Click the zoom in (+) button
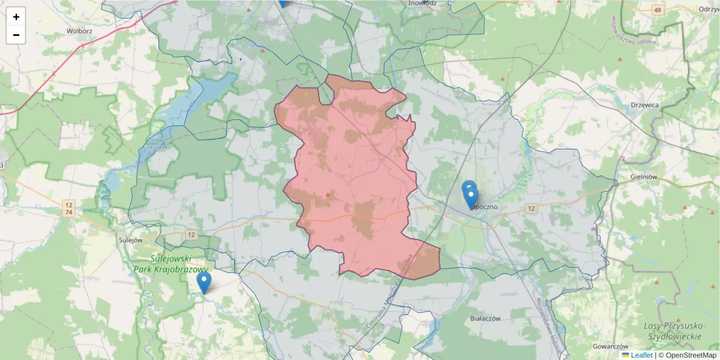click(x=16, y=17)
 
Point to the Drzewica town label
click(x=645, y=104)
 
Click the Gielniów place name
click(x=645, y=177)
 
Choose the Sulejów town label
click(x=130, y=239)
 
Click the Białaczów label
click(x=485, y=319)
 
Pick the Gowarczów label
click(x=610, y=347)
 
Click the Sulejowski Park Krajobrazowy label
click(x=179, y=264)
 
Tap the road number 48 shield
click(x=659, y=10)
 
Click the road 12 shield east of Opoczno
click(x=530, y=208)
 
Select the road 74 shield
click(x=70, y=212)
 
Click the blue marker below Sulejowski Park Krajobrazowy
click(x=204, y=283)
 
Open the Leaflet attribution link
click(x=641, y=355)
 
